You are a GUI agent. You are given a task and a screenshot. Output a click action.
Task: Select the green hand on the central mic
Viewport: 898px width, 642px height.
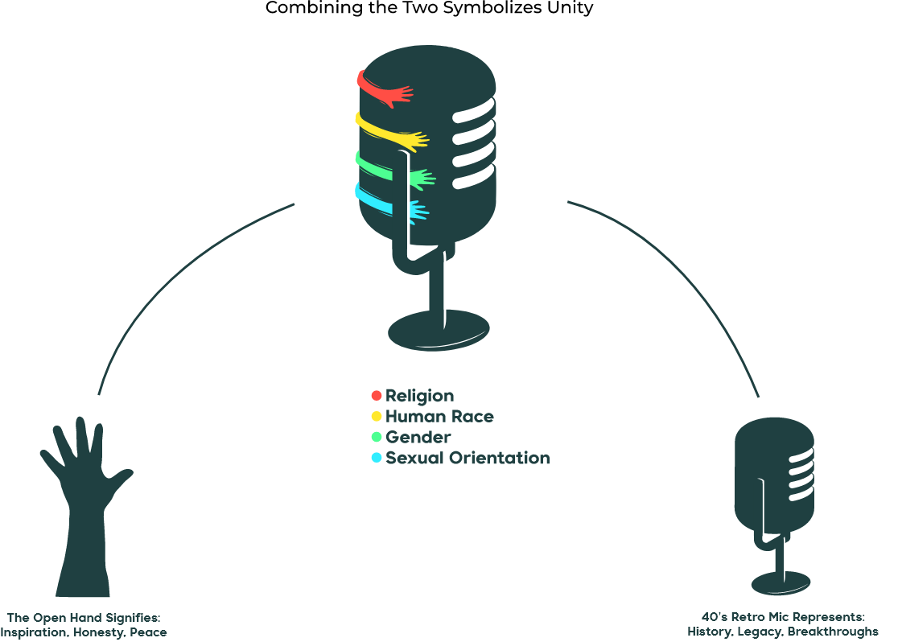point(419,179)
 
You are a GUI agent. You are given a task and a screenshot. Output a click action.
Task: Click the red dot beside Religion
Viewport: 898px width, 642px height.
point(376,395)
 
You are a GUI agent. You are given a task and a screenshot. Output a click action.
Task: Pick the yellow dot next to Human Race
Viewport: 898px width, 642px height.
point(376,416)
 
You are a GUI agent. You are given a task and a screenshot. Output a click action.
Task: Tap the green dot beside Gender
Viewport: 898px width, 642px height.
point(376,437)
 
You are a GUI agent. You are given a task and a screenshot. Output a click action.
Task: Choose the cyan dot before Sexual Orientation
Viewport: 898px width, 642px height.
point(376,458)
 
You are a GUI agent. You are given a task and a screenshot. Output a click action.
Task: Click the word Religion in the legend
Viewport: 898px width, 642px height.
point(419,396)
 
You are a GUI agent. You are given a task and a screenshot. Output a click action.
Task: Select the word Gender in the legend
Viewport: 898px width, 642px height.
point(418,437)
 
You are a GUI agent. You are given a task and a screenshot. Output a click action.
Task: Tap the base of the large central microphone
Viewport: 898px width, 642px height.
point(439,331)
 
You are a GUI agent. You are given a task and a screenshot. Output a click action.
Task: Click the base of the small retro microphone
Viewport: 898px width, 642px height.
point(780,582)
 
